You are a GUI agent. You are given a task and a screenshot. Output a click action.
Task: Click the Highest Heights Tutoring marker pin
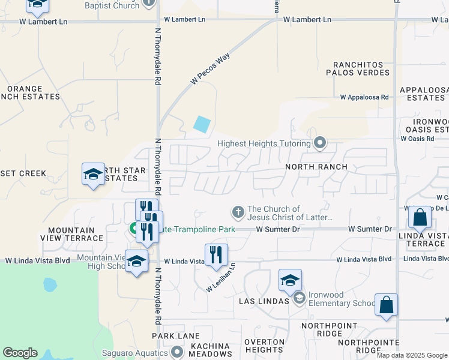[320, 143]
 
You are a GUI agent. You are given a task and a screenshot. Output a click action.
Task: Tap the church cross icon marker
[238, 212]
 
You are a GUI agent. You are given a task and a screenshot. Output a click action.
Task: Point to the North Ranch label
[316, 166]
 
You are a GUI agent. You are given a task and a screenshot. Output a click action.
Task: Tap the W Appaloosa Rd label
[364, 97]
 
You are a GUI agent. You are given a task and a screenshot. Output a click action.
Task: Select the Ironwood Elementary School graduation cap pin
[290, 281]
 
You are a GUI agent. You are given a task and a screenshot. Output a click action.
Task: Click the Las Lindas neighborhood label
[264, 300]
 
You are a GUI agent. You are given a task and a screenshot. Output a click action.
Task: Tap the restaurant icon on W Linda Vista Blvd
[216, 254]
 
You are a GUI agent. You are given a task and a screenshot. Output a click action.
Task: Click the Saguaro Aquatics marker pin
[176, 351]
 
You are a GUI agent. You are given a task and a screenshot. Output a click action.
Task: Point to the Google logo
[20, 353]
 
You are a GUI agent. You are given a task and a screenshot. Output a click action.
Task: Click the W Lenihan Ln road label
[220, 278]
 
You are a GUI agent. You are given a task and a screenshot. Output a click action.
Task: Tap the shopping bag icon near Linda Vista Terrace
[420, 217]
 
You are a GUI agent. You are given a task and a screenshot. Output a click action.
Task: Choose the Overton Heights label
[265, 346]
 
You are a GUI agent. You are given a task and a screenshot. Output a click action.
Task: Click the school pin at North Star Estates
[92, 175]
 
